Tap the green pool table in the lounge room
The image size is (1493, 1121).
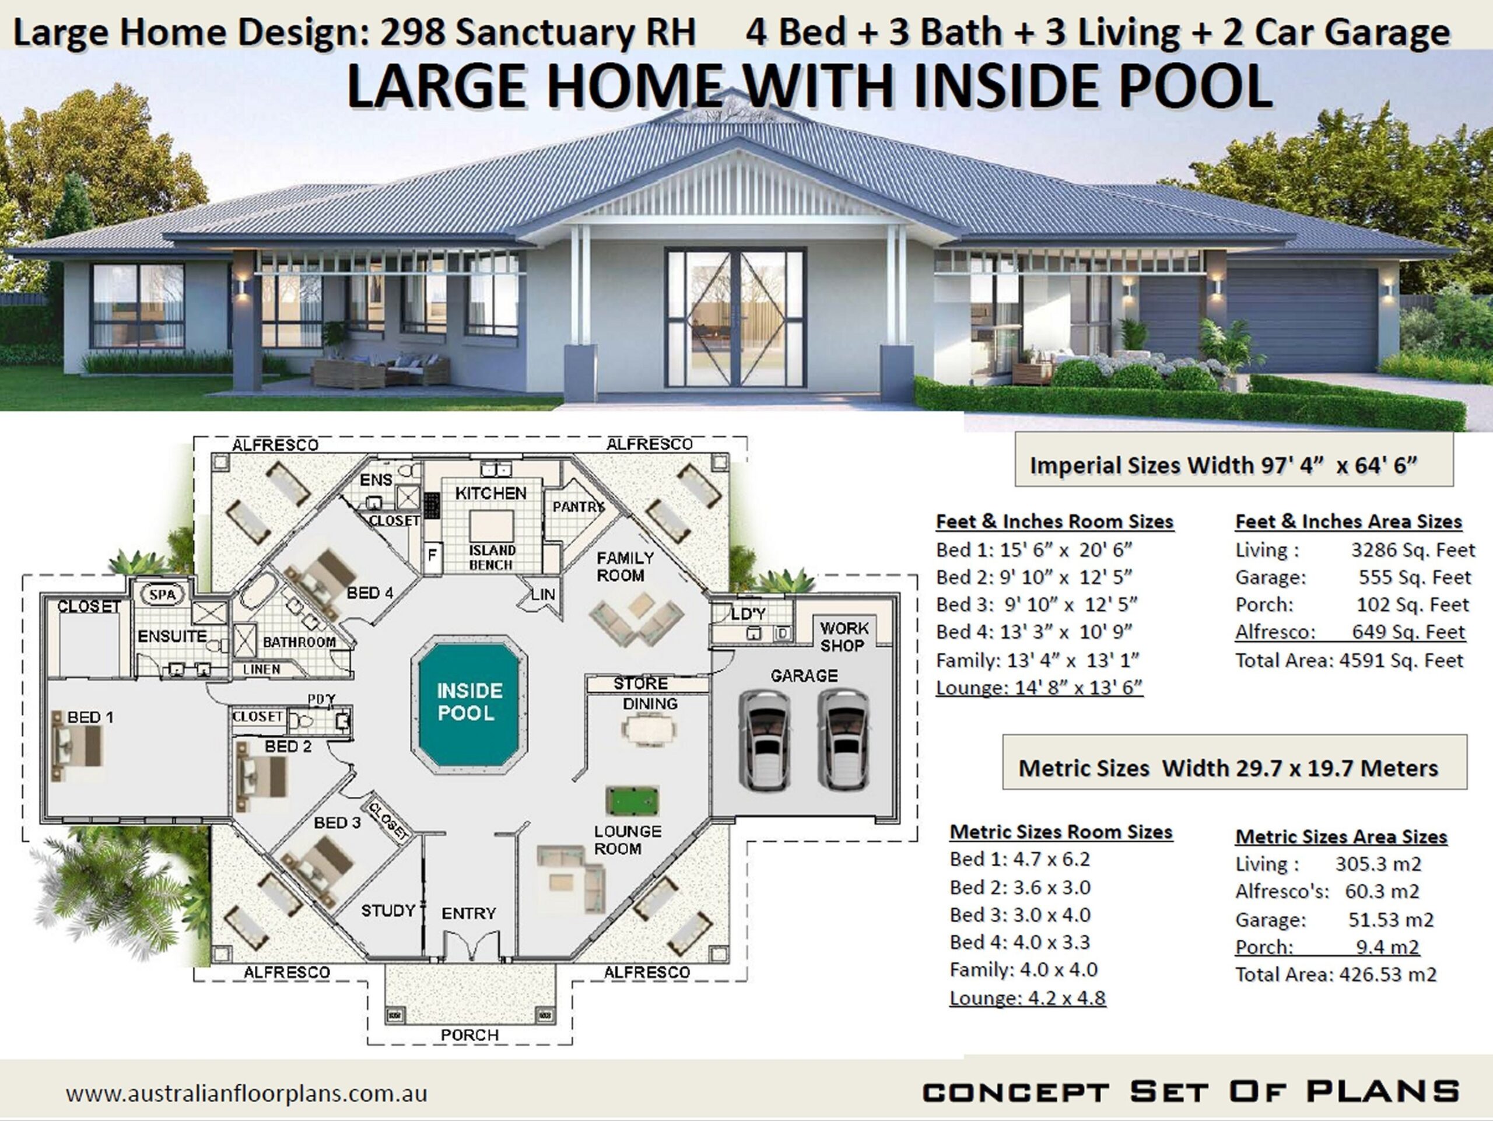tap(632, 801)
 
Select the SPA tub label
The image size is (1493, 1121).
tap(163, 594)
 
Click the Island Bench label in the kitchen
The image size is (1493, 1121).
tap(492, 558)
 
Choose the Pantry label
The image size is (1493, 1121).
tap(578, 507)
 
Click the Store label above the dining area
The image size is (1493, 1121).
tap(640, 684)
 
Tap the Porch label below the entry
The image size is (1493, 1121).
tap(469, 1035)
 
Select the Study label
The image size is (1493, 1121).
tap(387, 910)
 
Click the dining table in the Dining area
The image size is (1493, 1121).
tap(649, 730)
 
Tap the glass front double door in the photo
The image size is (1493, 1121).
tap(735, 318)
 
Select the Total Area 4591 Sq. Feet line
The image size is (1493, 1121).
tap(1348, 660)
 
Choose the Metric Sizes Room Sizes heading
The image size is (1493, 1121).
tap(1060, 832)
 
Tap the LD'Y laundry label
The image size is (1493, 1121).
tap(748, 614)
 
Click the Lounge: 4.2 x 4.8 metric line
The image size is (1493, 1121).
tap(1027, 997)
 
